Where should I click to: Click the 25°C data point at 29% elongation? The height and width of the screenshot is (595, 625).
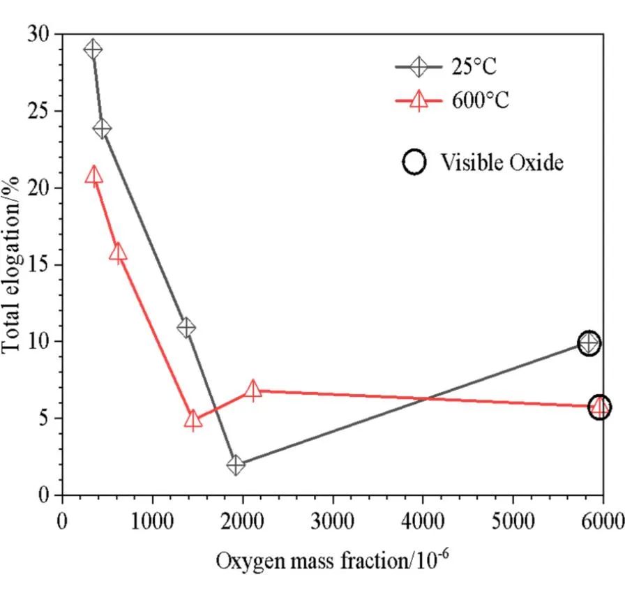(x=93, y=50)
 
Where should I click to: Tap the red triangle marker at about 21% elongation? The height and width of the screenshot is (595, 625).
(x=93, y=176)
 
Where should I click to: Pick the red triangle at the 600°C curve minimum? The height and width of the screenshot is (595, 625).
(x=193, y=420)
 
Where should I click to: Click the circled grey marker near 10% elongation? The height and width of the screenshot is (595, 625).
(x=589, y=342)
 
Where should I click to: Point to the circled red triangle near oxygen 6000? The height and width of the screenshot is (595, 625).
(x=599, y=407)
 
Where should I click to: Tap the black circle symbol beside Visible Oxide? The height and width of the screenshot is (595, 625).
(x=414, y=163)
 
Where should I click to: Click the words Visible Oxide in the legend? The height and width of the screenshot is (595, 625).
(x=501, y=163)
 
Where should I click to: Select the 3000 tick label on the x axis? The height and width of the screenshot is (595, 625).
(x=333, y=520)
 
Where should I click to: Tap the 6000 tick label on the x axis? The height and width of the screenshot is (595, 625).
(x=603, y=520)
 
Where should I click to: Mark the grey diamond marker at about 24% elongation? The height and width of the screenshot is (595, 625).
(x=102, y=129)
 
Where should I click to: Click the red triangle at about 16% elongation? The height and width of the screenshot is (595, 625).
(x=119, y=253)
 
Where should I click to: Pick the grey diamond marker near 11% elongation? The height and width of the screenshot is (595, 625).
(x=186, y=327)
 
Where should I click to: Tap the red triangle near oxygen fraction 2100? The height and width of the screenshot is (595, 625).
(x=253, y=390)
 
